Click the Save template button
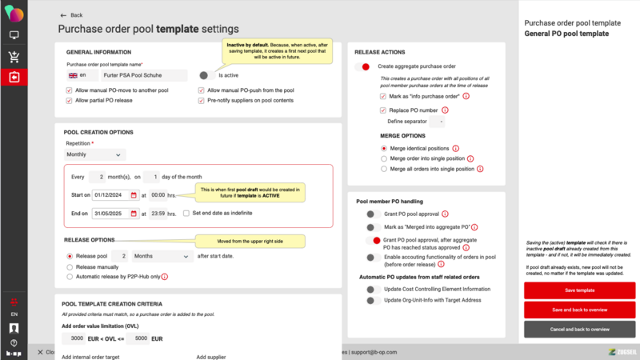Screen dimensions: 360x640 [x=580, y=290]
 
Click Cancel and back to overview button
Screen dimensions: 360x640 [x=580, y=329]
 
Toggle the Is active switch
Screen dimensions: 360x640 [x=206, y=75]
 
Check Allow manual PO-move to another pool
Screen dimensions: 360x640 [x=70, y=90]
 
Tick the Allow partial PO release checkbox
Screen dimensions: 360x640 [x=70, y=101]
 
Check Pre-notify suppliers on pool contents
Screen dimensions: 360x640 [x=201, y=101]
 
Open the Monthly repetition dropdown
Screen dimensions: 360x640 [x=95, y=154]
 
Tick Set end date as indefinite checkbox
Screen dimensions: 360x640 [x=186, y=214]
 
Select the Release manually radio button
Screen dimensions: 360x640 [x=70, y=266]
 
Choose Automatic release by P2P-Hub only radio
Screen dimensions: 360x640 [x=70, y=277]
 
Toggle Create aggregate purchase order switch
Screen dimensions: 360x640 [x=365, y=66]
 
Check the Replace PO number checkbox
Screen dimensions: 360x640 [x=383, y=110]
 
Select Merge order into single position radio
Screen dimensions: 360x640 [x=383, y=159]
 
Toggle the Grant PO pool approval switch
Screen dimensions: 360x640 [x=372, y=214]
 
